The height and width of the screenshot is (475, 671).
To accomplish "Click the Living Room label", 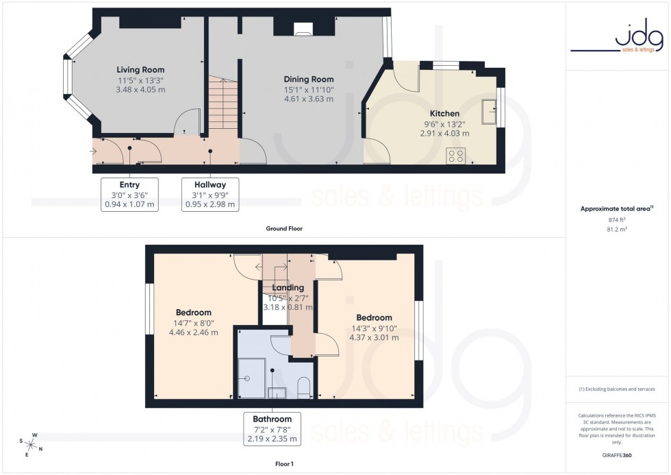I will [140, 70].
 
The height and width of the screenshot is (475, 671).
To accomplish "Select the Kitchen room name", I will [444, 114].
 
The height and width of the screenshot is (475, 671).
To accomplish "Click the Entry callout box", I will [129, 194].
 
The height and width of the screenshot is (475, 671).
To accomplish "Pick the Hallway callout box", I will [210, 194].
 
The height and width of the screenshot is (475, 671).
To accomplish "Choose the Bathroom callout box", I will [272, 428].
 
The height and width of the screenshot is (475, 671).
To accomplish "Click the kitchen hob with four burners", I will [455, 156].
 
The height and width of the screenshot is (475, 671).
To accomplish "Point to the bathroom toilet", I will [305, 388].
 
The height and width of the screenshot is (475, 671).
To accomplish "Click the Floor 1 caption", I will [283, 464].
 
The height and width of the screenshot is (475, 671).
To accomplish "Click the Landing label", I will [288, 288].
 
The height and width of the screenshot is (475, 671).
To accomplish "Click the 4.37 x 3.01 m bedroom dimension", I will [374, 337].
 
